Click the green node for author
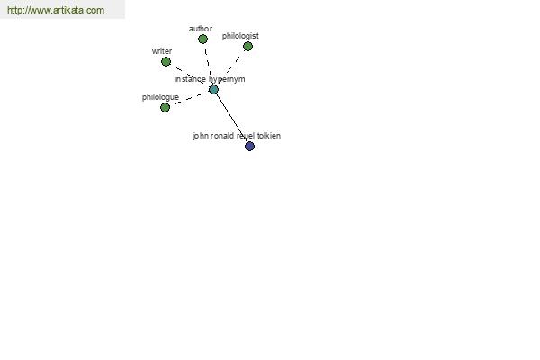point(202,40)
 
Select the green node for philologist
point(248,46)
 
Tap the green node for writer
point(166,62)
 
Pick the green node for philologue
point(166,107)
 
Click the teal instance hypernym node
point(213,90)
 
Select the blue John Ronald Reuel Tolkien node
point(249,146)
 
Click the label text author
point(201,29)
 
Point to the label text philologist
point(240,36)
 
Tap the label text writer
point(162,51)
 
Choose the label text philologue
point(160,97)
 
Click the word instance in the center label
point(191,79)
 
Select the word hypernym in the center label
point(227,79)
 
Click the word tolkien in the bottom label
point(269,136)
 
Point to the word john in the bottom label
point(201,136)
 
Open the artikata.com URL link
point(56,10)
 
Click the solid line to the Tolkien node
point(231,118)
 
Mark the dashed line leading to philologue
point(189,98)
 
